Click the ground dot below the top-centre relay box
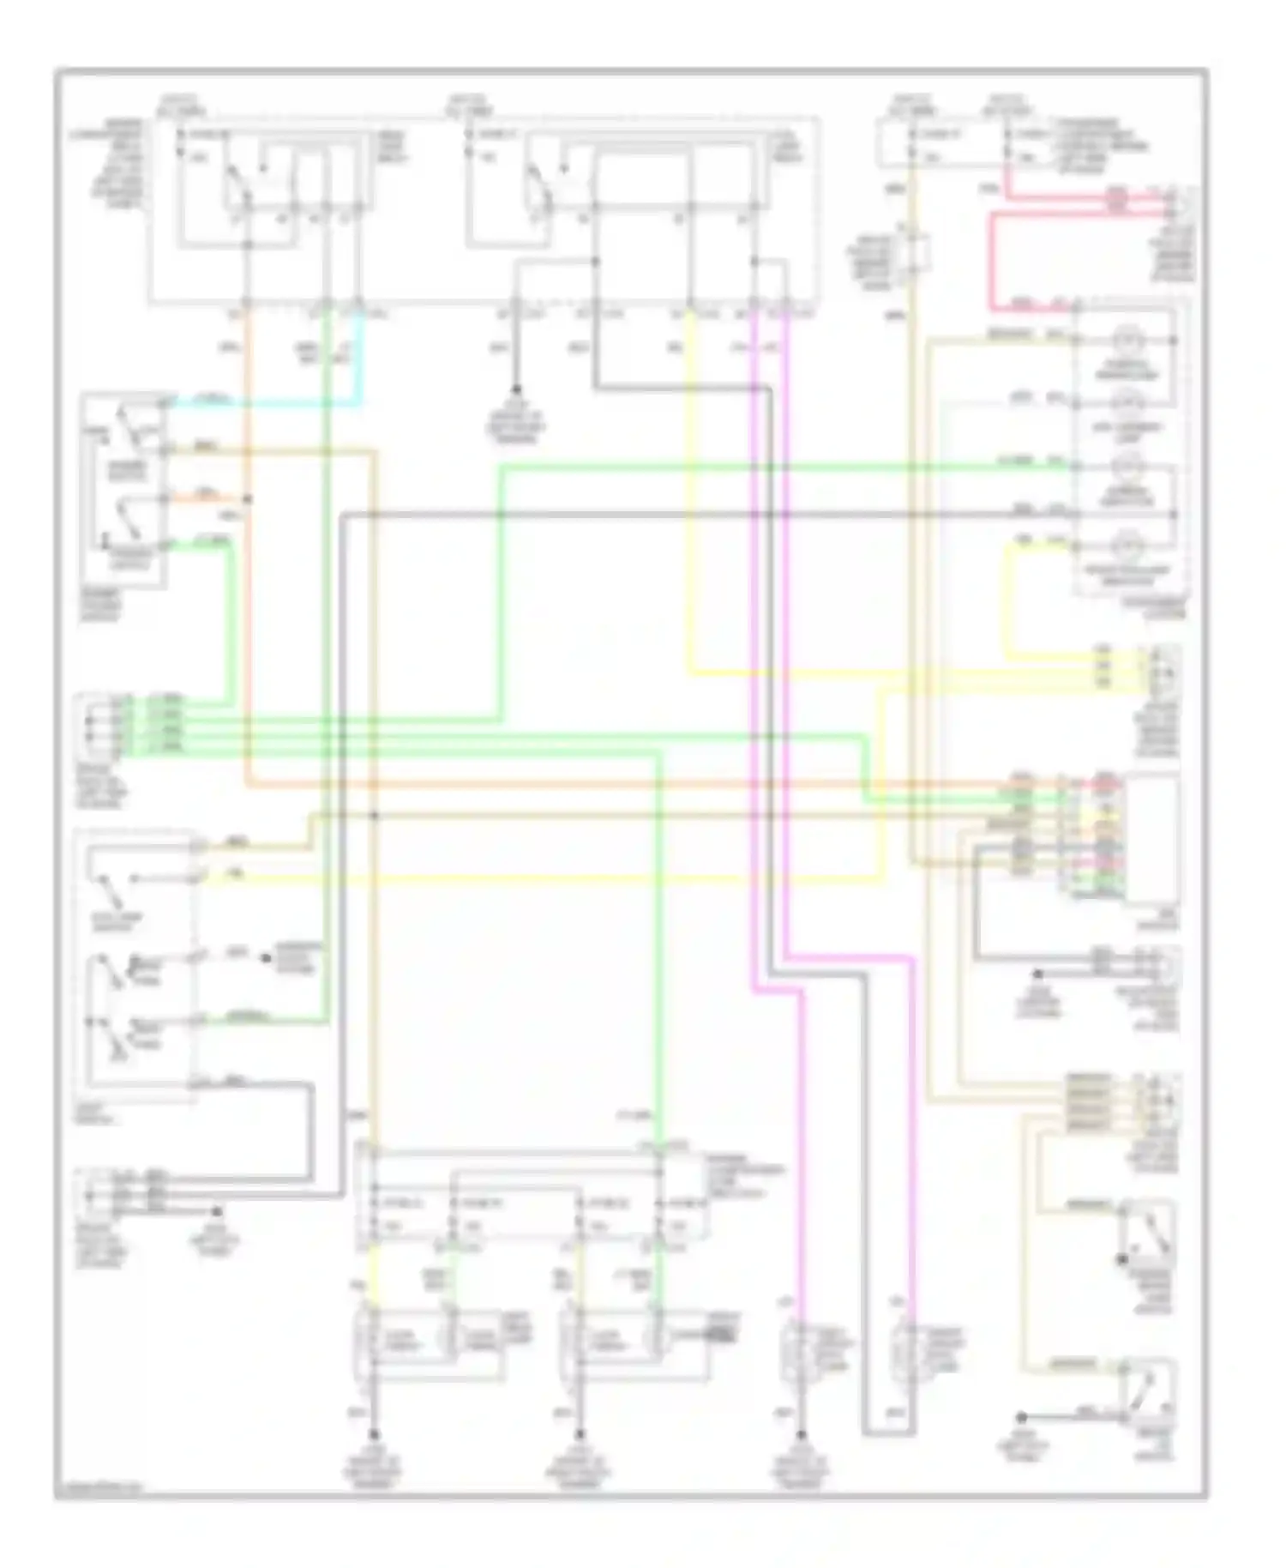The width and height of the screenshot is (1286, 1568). [x=516, y=389]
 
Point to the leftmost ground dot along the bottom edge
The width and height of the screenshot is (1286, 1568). [x=375, y=1433]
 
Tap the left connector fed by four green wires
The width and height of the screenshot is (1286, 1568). [x=93, y=726]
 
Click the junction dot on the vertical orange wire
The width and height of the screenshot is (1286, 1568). [x=249, y=498]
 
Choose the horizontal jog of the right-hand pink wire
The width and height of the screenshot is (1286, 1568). [x=849, y=956]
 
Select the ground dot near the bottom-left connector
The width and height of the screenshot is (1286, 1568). [x=218, y=1210]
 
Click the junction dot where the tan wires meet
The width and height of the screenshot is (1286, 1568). [x=375, y=815]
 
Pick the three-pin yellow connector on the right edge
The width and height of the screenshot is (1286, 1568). [x=1162, y=670]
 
